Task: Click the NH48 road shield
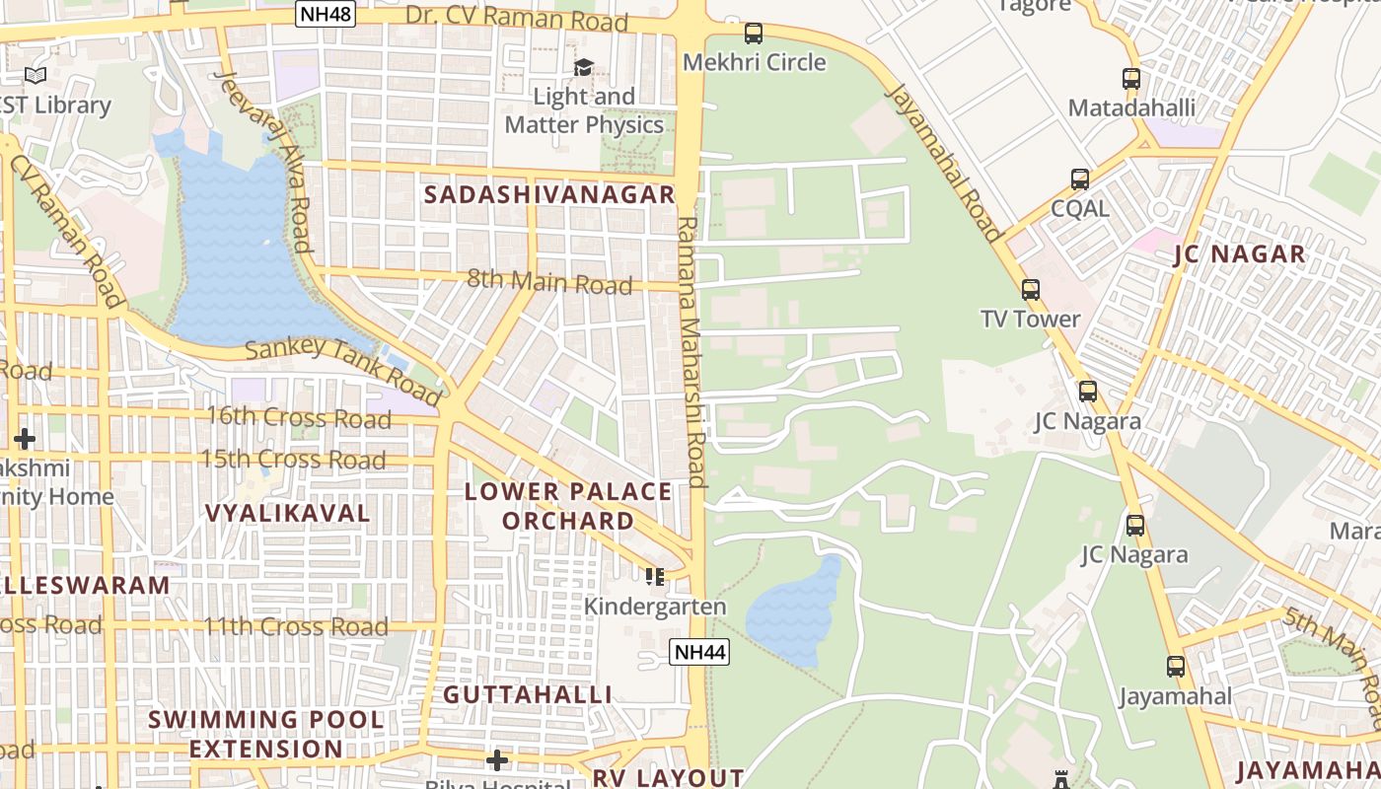(325, 14)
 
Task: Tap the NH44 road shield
(698, 651)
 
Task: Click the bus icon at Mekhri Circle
(754, 34)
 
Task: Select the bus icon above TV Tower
(1031, 290)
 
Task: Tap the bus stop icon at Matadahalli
(1131, 79)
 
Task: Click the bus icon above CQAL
(1080, 179)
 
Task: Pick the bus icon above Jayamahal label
(1175, 667)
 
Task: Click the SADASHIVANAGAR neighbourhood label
(549, 194)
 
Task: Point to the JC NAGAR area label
(1239, 254)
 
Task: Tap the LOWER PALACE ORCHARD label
(567, 506)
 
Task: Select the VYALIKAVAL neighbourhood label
(288, 513)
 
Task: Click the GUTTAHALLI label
(527, 694)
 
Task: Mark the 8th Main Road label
(548, 282)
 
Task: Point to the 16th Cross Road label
(298, 417)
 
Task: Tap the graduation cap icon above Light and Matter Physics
(584, 67)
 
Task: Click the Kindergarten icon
(655, 576)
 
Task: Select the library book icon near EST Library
(36, 75)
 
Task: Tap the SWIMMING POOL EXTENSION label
(266, 734)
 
